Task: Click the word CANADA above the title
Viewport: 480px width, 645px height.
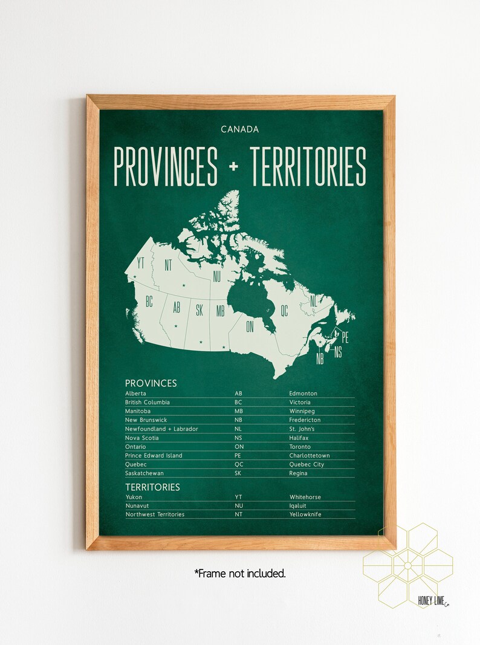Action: pyautogui.click(x=239, y=129)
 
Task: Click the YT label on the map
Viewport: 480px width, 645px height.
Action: pyautogui.click(x=141, y=263)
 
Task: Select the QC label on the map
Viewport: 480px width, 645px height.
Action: pyautogui.click(x=284, y=311)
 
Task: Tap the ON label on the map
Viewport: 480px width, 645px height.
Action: pyautogui.click(x=250, y=327)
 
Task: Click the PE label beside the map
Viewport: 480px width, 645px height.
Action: pyautogui.click(x=345, y=337)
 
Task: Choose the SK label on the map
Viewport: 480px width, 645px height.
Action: pyautogui.click(x=199, y=311)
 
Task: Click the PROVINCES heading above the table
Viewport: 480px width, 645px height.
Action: pyautogui.click(x=151, y=383)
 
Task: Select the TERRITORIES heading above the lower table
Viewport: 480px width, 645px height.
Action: pyautogui.click(x=152, y=487)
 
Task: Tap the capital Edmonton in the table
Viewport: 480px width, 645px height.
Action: pyautogui.click(x=303, y=394)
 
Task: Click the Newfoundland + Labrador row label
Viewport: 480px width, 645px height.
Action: pyautogui.click(x=161, y=429)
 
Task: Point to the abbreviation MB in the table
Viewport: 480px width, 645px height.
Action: pyautogui.click(x=238, y=411)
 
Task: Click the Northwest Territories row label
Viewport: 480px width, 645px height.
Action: pyautogui.click(x=155, y=514)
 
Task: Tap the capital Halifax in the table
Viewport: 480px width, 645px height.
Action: pyautogui.click(x=299, y=438)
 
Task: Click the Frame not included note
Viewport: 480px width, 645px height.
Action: pyautogui.click(x=240, y=573)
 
